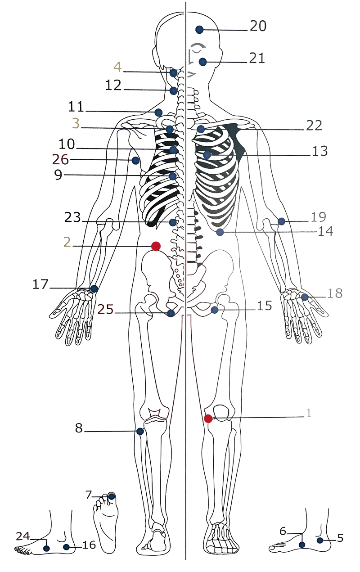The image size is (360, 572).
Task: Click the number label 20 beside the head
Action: click(258, 26)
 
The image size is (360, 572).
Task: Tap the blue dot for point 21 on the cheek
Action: click(202, 62)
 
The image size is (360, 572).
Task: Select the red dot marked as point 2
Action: click(156, 246)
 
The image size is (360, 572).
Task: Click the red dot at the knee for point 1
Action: click(208, 419)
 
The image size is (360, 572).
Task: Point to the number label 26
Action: click(60, 160)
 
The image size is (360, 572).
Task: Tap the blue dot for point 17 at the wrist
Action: click(94, 289)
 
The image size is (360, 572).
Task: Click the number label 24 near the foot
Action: click(23, 536)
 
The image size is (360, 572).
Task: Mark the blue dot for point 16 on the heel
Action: click(67, 547)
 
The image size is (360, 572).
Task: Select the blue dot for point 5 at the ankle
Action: click(319, 540)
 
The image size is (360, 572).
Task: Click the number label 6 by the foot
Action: click(283, 531)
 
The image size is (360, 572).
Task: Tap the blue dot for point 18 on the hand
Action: click(305, 297)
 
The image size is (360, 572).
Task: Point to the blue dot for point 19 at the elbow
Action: click(281, 221)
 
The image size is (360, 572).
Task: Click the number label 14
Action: click(325, 231)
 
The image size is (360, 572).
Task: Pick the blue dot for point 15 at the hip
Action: click(215, 310)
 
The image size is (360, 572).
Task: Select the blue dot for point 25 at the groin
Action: click(171, 313)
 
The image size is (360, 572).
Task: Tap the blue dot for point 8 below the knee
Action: click(140, 432)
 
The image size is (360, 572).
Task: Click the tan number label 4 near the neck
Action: click(118, 67)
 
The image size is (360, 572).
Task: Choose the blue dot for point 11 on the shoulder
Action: click(158, 113)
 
